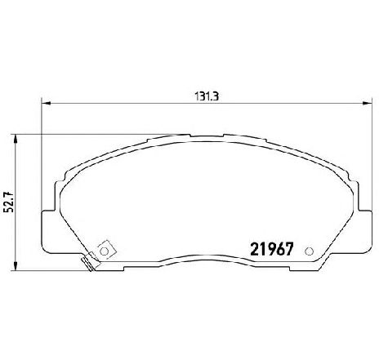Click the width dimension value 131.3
pos(207,96)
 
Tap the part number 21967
pos(272,249)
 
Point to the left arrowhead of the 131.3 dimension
pos(46,103)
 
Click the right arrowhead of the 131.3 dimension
pos(367,103)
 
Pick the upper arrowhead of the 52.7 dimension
pos(16,139)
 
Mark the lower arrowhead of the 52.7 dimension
pos(16,266)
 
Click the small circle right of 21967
pos(309,251)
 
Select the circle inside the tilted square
pos(104,251)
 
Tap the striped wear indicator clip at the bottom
pos(91,262)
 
